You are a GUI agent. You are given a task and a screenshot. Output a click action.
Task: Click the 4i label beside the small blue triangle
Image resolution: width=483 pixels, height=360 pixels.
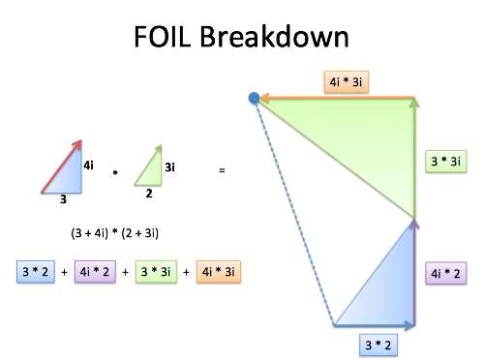point(88,165)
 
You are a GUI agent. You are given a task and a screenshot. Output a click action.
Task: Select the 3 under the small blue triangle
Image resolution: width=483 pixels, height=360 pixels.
point(63,199)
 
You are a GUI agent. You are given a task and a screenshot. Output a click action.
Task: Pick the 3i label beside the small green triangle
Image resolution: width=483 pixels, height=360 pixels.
point(170,166)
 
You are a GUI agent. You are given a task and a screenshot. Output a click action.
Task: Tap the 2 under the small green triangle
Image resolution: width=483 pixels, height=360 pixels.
point(149,193)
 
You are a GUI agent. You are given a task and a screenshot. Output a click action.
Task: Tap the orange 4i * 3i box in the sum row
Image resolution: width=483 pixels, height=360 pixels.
point(219,272)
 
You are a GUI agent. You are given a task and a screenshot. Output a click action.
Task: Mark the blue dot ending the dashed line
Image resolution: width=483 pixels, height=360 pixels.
point(255,98)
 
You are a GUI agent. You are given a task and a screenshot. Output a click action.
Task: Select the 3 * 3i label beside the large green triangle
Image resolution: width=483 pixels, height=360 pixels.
point(447,161)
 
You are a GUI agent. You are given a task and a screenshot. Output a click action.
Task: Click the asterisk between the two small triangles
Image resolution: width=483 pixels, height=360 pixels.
point(115,173)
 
